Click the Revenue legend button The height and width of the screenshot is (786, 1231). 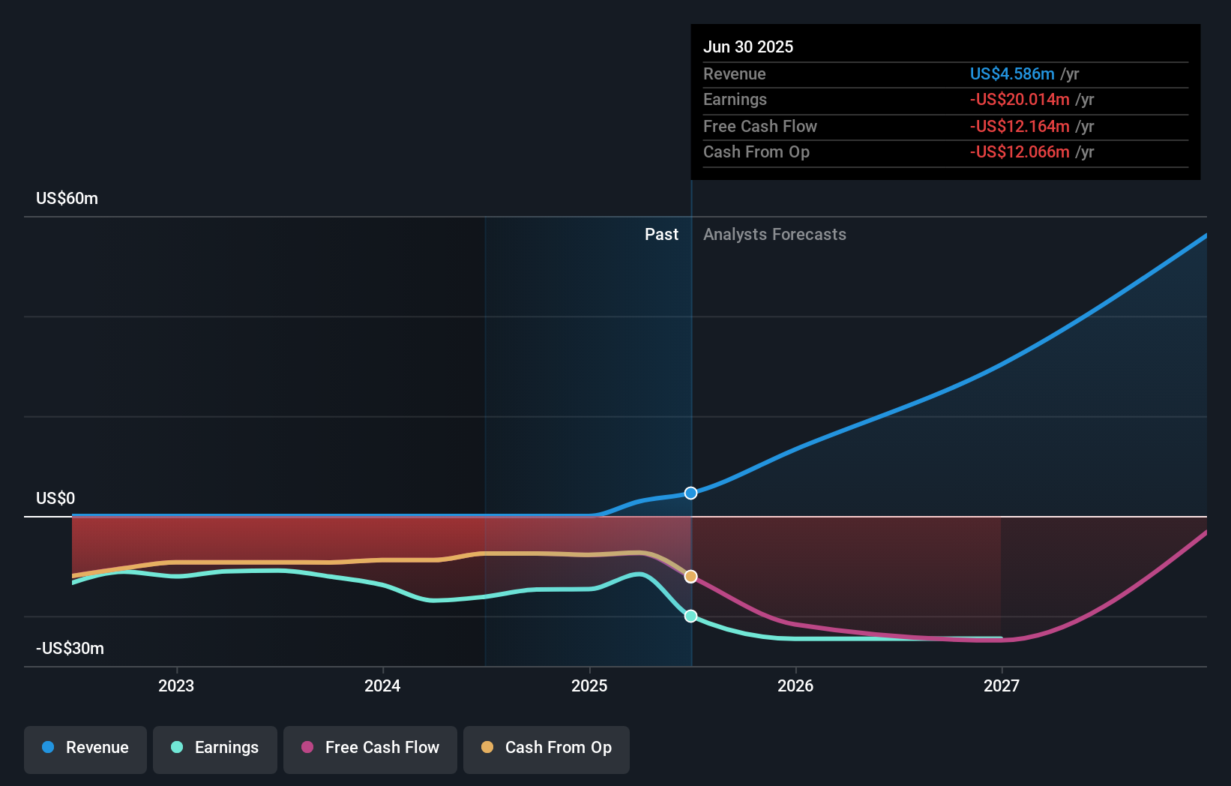pyautogui.click(x=85, y=748)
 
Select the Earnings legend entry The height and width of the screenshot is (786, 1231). pyautogui.click(x=215, y=748)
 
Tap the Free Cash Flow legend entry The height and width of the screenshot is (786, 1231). pyautogui.click(x=370, y=748)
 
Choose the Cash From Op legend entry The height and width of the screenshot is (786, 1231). pyautogui.click(x=547, y=748)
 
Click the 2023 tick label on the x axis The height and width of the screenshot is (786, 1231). pyautogui.click(x=176, y=685)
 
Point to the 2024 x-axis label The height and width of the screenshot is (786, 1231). pyautogui.click(x=382, y=685)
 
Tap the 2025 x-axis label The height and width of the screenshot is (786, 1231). pyautogui.click(x=589, y=685)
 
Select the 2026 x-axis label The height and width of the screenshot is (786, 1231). pyautogui.click(x=795, y=685)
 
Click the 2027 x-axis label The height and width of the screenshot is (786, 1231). pyautogui.click(x=1002, y=685)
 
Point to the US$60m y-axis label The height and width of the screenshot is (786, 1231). pyautogui.click(x=67, y=199)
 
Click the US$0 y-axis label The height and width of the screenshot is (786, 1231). pyautogui.click(x=55, y=499)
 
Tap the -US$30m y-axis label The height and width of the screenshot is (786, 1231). pyautogui.click(x=70, y=649)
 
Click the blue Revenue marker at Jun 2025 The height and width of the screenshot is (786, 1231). pyautogui.click(x=690, y=493)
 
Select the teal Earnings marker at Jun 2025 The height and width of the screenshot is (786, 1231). pyautogui.click(x=690, y=616)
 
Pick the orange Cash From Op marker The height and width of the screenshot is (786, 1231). pyautogui.click(x=690, y=576)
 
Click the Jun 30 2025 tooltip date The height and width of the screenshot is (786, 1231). pyautogui.click(x=747, y=46)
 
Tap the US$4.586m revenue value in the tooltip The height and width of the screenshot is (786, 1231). pyautogui.click(x=1011, y=73)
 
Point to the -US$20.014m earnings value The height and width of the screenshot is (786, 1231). pyautogui.click(x=1019, y=99)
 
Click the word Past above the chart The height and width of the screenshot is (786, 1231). pyautogui.click(x=661, y=235)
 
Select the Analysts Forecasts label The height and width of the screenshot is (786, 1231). pyautogui.click(x=774, y=235)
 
